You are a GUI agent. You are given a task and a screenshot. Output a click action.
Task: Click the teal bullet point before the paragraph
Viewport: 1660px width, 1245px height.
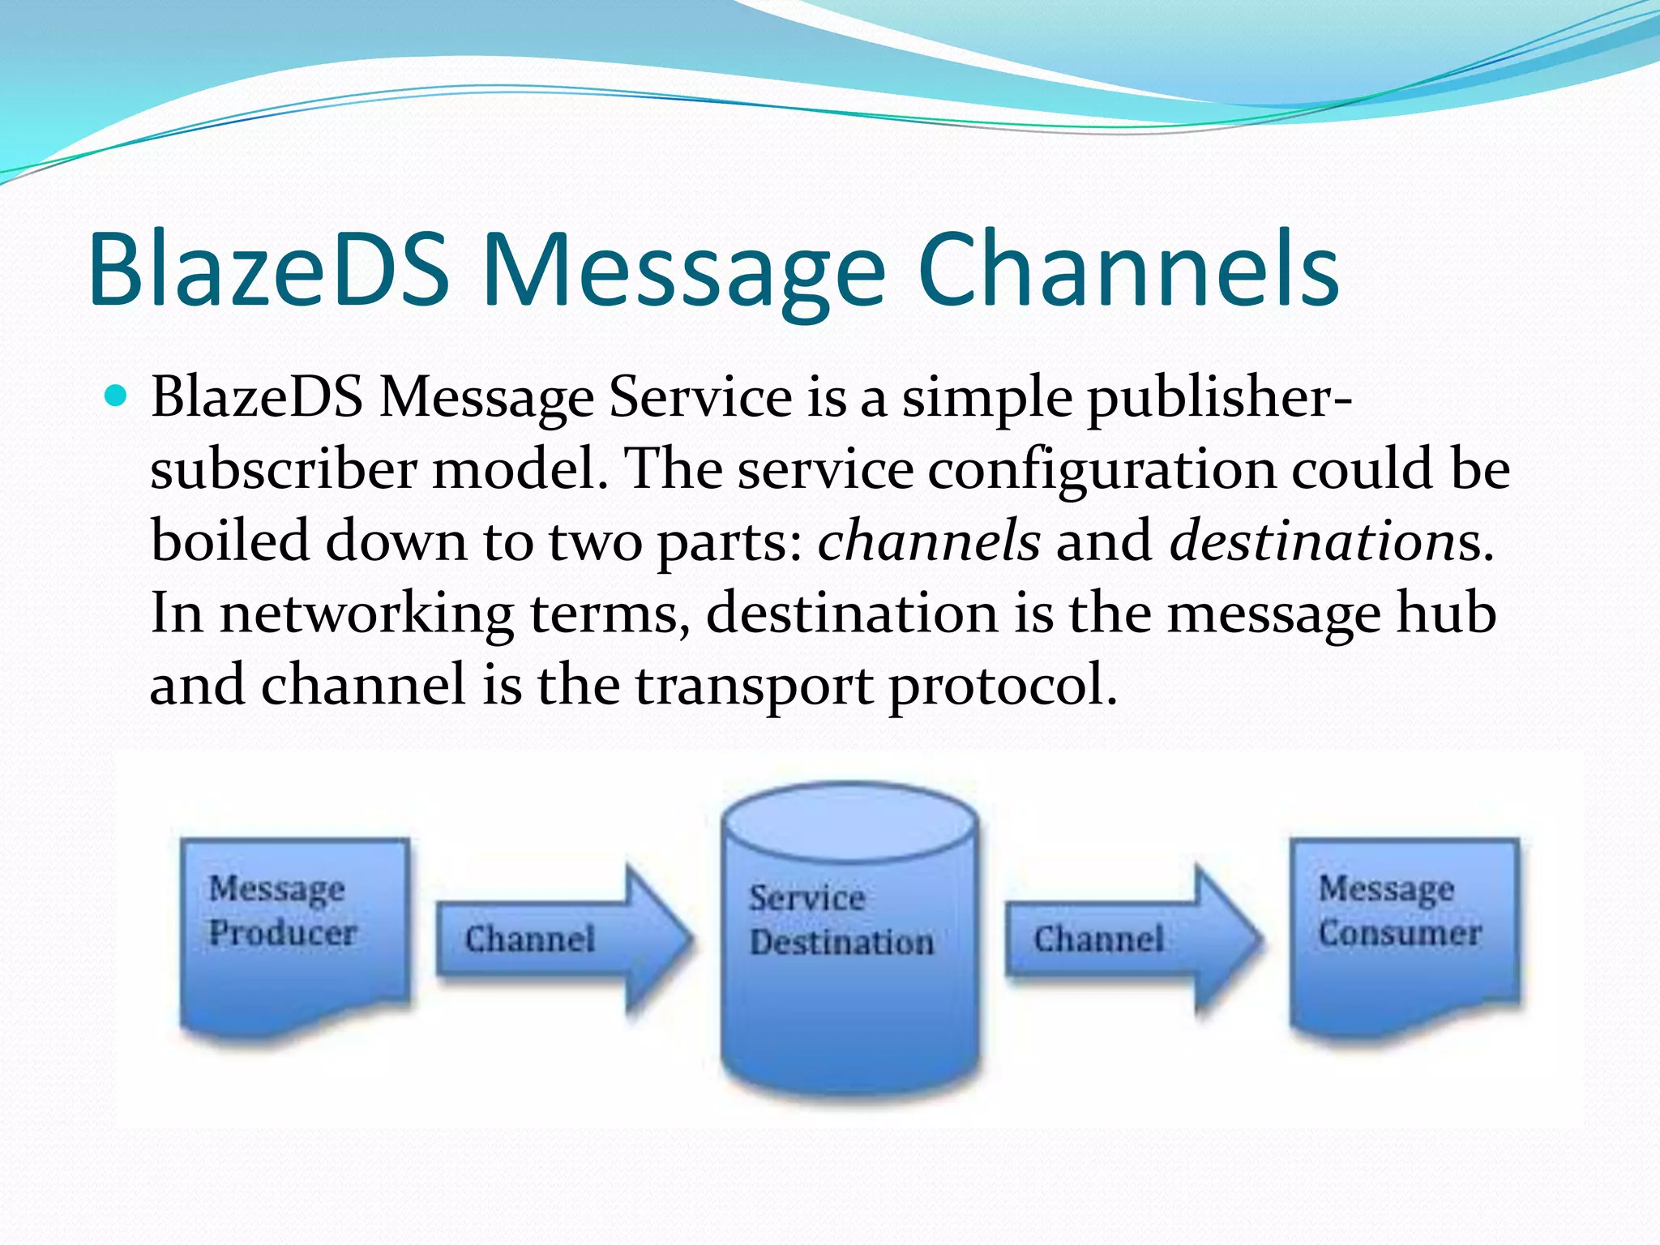(117, 396)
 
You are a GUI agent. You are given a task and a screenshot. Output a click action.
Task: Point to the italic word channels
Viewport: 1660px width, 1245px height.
(928, 541)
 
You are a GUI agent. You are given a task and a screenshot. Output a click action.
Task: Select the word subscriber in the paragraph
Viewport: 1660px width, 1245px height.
(284, 470)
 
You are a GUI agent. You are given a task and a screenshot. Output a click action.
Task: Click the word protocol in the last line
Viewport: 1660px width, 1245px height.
(1002, 686)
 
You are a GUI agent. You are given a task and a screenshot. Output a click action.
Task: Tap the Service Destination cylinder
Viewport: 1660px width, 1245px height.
(849, 956)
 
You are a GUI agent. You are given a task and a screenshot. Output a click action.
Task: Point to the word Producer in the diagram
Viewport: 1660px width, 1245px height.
(283, 932)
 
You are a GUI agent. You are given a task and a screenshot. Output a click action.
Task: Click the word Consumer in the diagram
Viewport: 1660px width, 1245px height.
(1400, 932)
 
